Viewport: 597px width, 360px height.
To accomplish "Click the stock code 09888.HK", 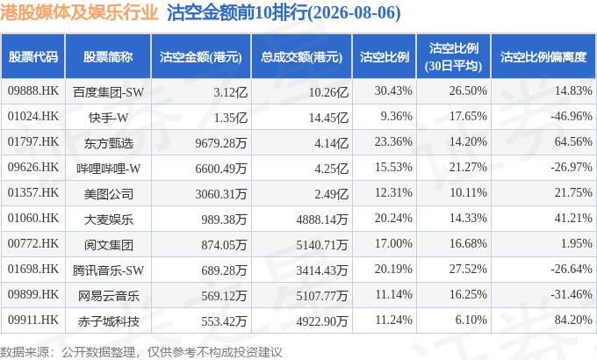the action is click(33, 91).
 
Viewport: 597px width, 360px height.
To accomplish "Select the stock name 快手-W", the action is click(109, 118).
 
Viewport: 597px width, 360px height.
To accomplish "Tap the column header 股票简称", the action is click(108, 57).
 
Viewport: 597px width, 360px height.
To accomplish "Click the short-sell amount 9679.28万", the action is click(221, 143).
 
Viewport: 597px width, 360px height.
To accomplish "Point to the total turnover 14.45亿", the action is click(328, 118).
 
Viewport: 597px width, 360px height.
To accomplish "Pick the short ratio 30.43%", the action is click(393, 91).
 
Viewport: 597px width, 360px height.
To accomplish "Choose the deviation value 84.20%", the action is click(573, 320).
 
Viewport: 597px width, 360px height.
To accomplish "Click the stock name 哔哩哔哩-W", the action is click(109, 169).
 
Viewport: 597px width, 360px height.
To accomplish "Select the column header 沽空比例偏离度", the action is click(543, 57).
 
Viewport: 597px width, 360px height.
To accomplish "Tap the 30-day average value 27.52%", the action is click(468, 269).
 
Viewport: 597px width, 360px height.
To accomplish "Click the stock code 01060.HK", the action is click(33, 219).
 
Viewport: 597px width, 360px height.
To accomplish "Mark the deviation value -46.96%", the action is click(572, 116).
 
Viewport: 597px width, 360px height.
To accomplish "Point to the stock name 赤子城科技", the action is click(109, 321).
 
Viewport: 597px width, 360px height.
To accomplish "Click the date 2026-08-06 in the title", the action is click(354, 13).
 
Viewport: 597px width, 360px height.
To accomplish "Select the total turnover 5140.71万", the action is click(322, 245).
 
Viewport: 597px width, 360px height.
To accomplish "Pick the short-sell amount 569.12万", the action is click(224, 296).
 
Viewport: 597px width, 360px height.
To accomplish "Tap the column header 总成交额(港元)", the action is click(301, 57).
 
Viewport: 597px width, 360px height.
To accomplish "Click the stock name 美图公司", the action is click(109, 194).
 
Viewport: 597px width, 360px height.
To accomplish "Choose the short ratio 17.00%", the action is click(393, 243).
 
